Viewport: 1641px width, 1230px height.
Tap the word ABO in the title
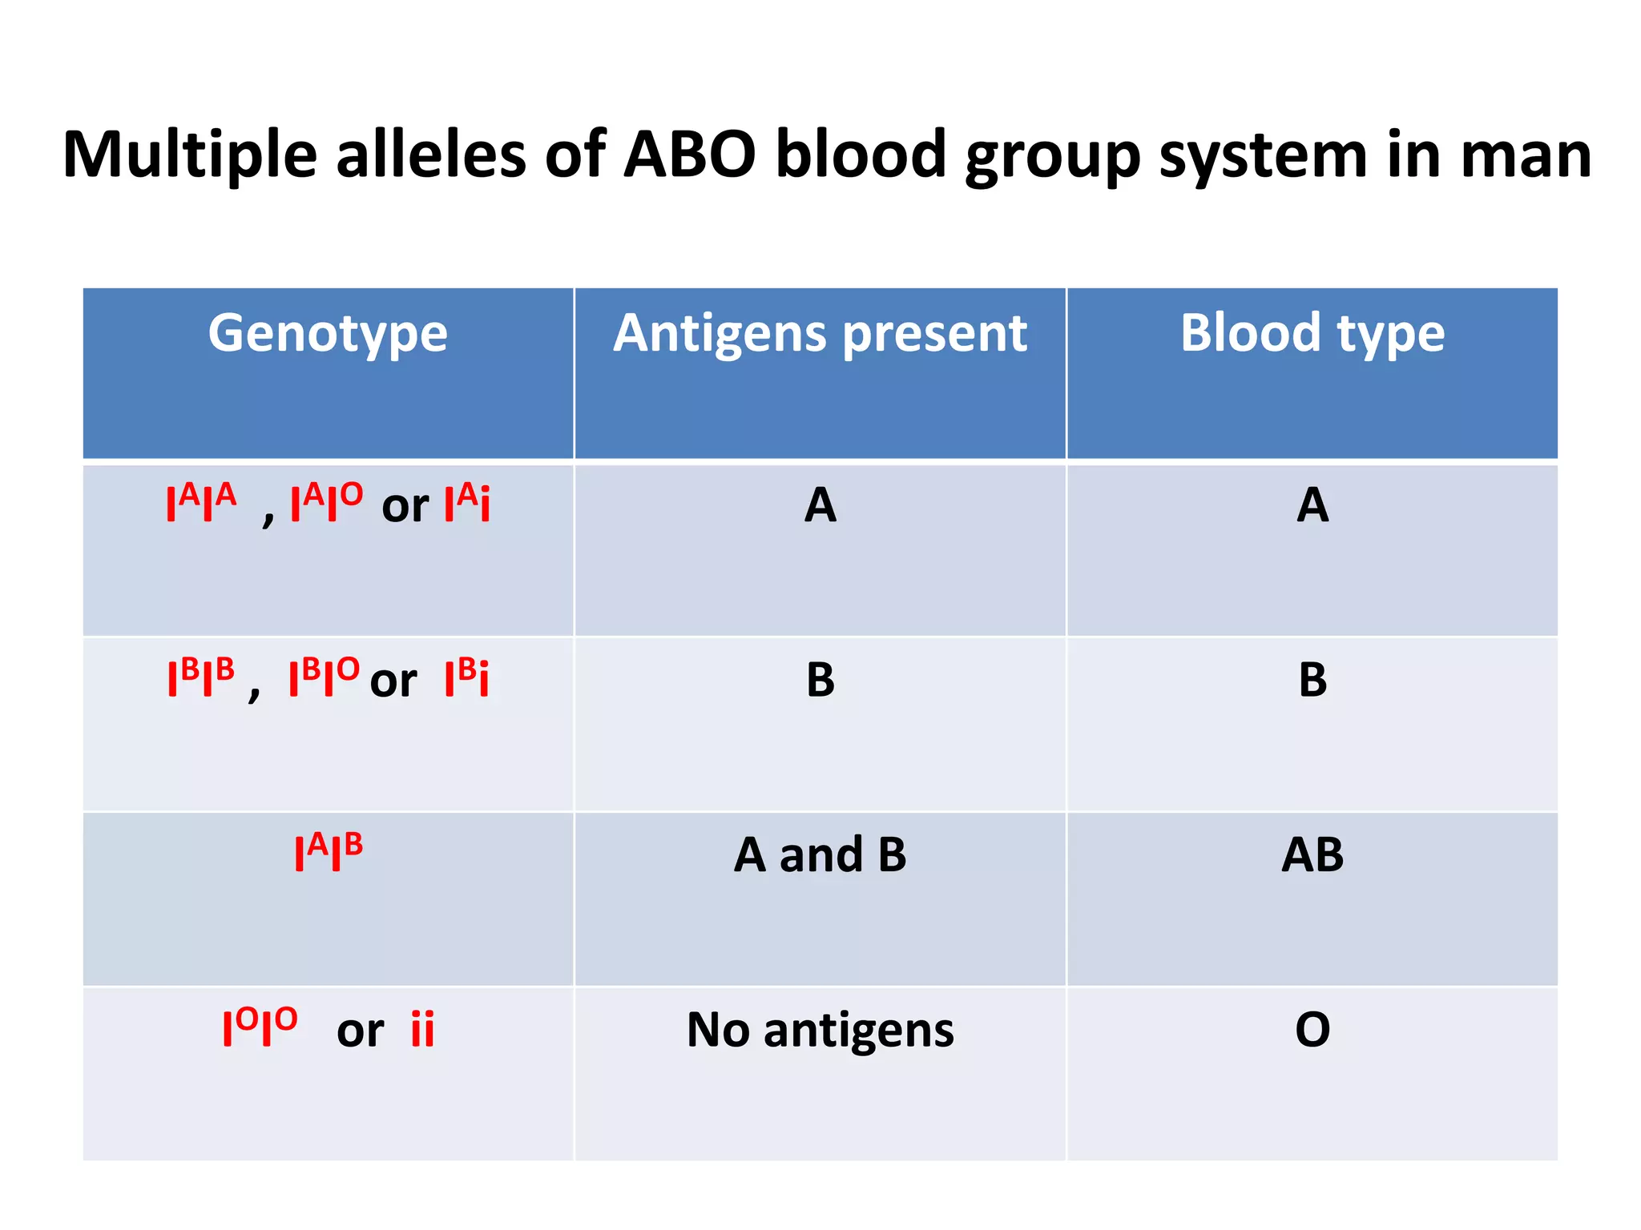pyautogui.click(x=689, y=155)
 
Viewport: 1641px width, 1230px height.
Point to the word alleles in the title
pyautogui.click(x=430, y=155)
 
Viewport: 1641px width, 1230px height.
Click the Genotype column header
pyautogui.click(x=328, y=333)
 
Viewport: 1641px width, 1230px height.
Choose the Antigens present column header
pyautogui.click(x=820, y=333)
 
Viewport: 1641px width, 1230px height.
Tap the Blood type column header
pyautogui.click(x=1312, y=333)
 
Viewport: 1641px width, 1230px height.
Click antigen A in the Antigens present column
pyautogui.click(x=820, y=506)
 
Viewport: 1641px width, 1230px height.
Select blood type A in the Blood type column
pyautogui.click(x=1312, y=506)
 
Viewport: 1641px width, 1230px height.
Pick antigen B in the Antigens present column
pyautogui.click(x=820, y=680)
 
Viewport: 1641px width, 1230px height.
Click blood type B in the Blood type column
pyautogui.click(x=1312, y=680)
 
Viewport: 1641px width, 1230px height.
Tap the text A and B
pyautogui.click(x=820, y=855)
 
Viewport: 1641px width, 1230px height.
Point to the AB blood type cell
pyautogui.click(x=1312, y=855)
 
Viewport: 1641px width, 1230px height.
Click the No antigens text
pyautogui.click(x=820, y=1030)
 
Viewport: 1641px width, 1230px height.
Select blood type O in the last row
pyautogui.click(x=1312, y=1030)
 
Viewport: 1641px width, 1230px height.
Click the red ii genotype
pyautogui.click(x=422, y=1030)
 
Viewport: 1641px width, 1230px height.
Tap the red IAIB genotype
pyautogui.click(x=329, y=852)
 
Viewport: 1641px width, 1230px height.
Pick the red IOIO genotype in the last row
pyautogui.click(x=260, y=1027)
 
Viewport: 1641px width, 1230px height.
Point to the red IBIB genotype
pyautogui.click(x=201, y=677)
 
